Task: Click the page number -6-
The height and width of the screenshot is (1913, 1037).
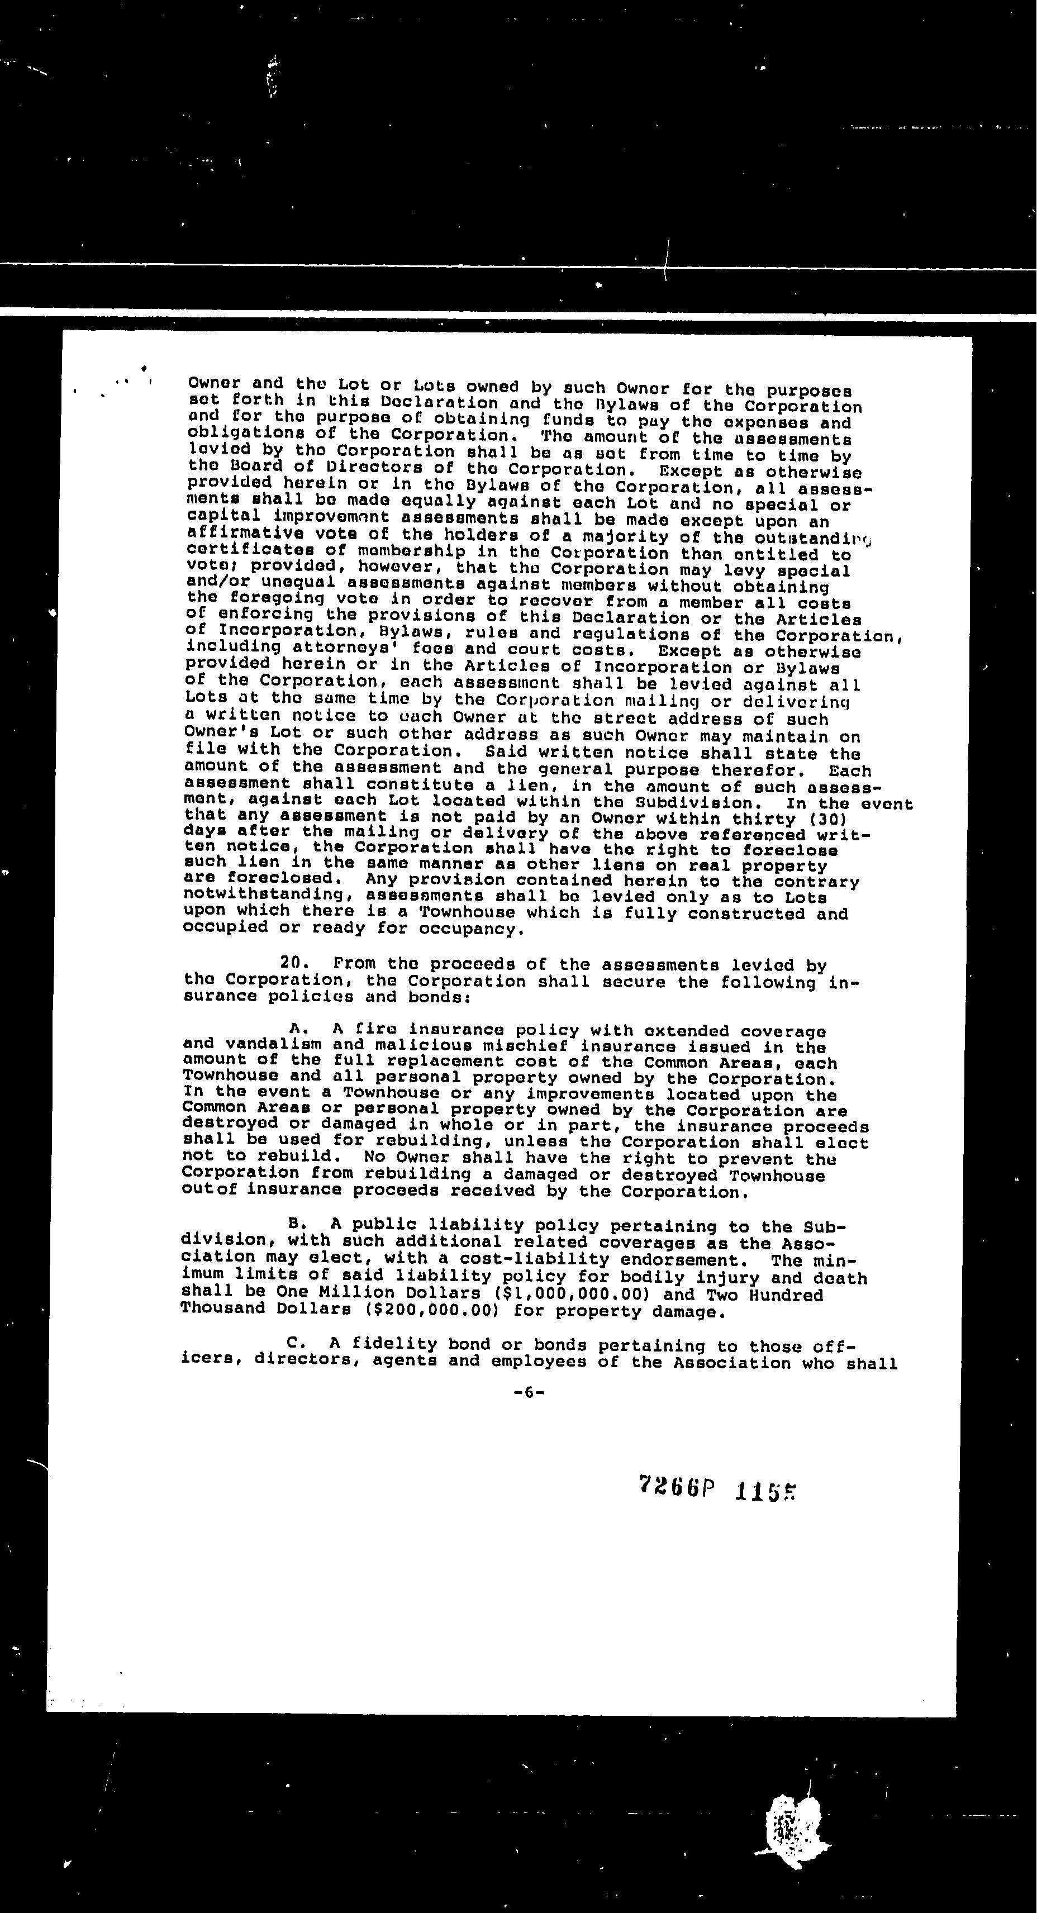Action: point(529,1393)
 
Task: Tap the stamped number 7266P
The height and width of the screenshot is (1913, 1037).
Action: point(676,1487)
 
